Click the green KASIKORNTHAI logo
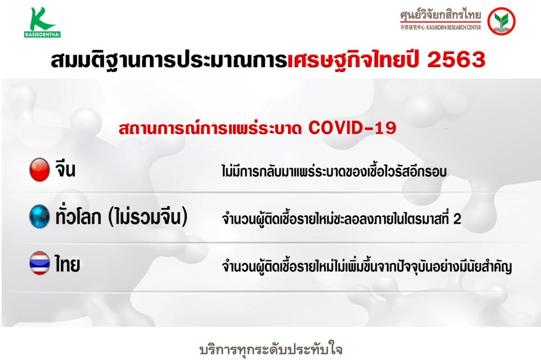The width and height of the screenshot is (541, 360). (43, 22)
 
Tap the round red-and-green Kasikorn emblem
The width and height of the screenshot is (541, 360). (501, 21)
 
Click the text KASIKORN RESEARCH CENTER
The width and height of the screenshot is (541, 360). (453, 28)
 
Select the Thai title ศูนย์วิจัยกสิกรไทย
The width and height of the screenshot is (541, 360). (440, 15)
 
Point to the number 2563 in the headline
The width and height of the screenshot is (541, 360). (456, 60)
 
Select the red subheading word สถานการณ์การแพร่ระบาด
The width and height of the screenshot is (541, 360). (210, 127)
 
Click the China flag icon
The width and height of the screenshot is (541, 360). (39, 170)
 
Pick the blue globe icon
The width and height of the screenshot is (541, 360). (39, 217)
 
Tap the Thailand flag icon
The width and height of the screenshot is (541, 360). (39, 263)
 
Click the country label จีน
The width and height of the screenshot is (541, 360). (65, 168)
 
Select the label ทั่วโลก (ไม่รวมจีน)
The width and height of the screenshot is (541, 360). (121, 217)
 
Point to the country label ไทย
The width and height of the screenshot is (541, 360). (67, 264)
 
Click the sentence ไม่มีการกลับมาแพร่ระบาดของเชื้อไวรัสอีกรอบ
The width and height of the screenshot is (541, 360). (334, 171)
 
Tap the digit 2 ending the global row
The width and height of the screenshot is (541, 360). (457, 218)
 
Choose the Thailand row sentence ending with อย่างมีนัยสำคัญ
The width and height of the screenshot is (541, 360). (367, 266)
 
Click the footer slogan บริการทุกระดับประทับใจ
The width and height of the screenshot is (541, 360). (271, 349)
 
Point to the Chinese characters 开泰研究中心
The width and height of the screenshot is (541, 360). (412, 28)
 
